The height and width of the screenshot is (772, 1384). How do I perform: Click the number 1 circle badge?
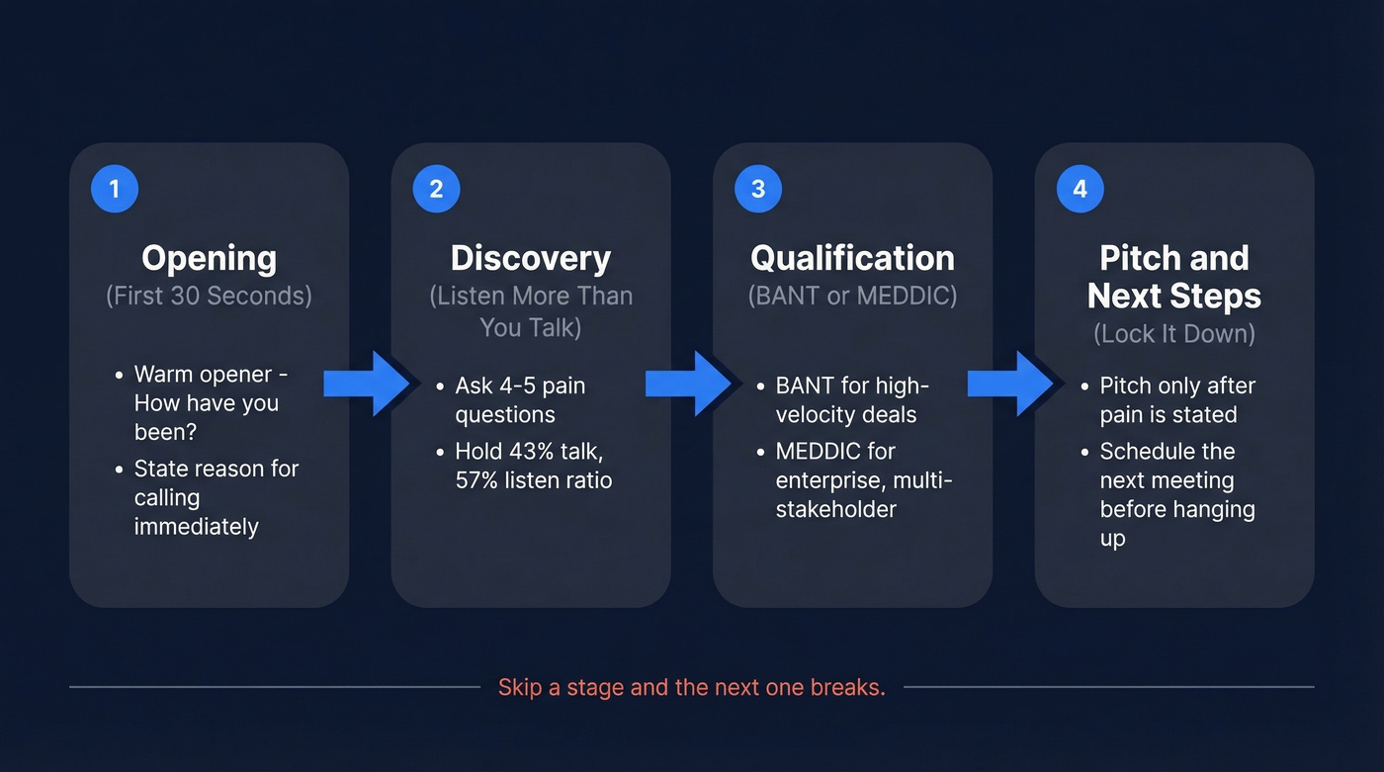point(115,189)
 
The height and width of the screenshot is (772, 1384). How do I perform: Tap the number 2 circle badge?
point(436,189)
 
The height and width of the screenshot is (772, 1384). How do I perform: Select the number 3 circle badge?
point(758,189)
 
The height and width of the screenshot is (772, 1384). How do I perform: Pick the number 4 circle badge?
point(1080,189)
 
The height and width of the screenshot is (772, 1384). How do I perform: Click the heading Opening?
point(209,259)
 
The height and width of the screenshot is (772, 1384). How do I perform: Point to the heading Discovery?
point(531,259)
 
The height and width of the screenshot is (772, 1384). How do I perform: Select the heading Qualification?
point(852,259)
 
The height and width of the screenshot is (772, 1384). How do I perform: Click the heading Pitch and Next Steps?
point(1174,277)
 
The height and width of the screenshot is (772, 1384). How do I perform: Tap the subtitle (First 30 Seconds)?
point(209,296)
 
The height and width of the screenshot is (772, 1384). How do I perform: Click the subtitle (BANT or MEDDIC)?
point(852,296)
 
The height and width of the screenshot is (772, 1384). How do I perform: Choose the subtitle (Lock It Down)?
point(1174,333)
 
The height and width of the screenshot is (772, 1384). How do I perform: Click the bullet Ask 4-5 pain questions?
point(519,399)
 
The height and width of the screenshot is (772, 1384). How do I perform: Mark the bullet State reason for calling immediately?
point(216,497)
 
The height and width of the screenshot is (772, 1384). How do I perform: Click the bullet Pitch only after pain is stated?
point(1176,399)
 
